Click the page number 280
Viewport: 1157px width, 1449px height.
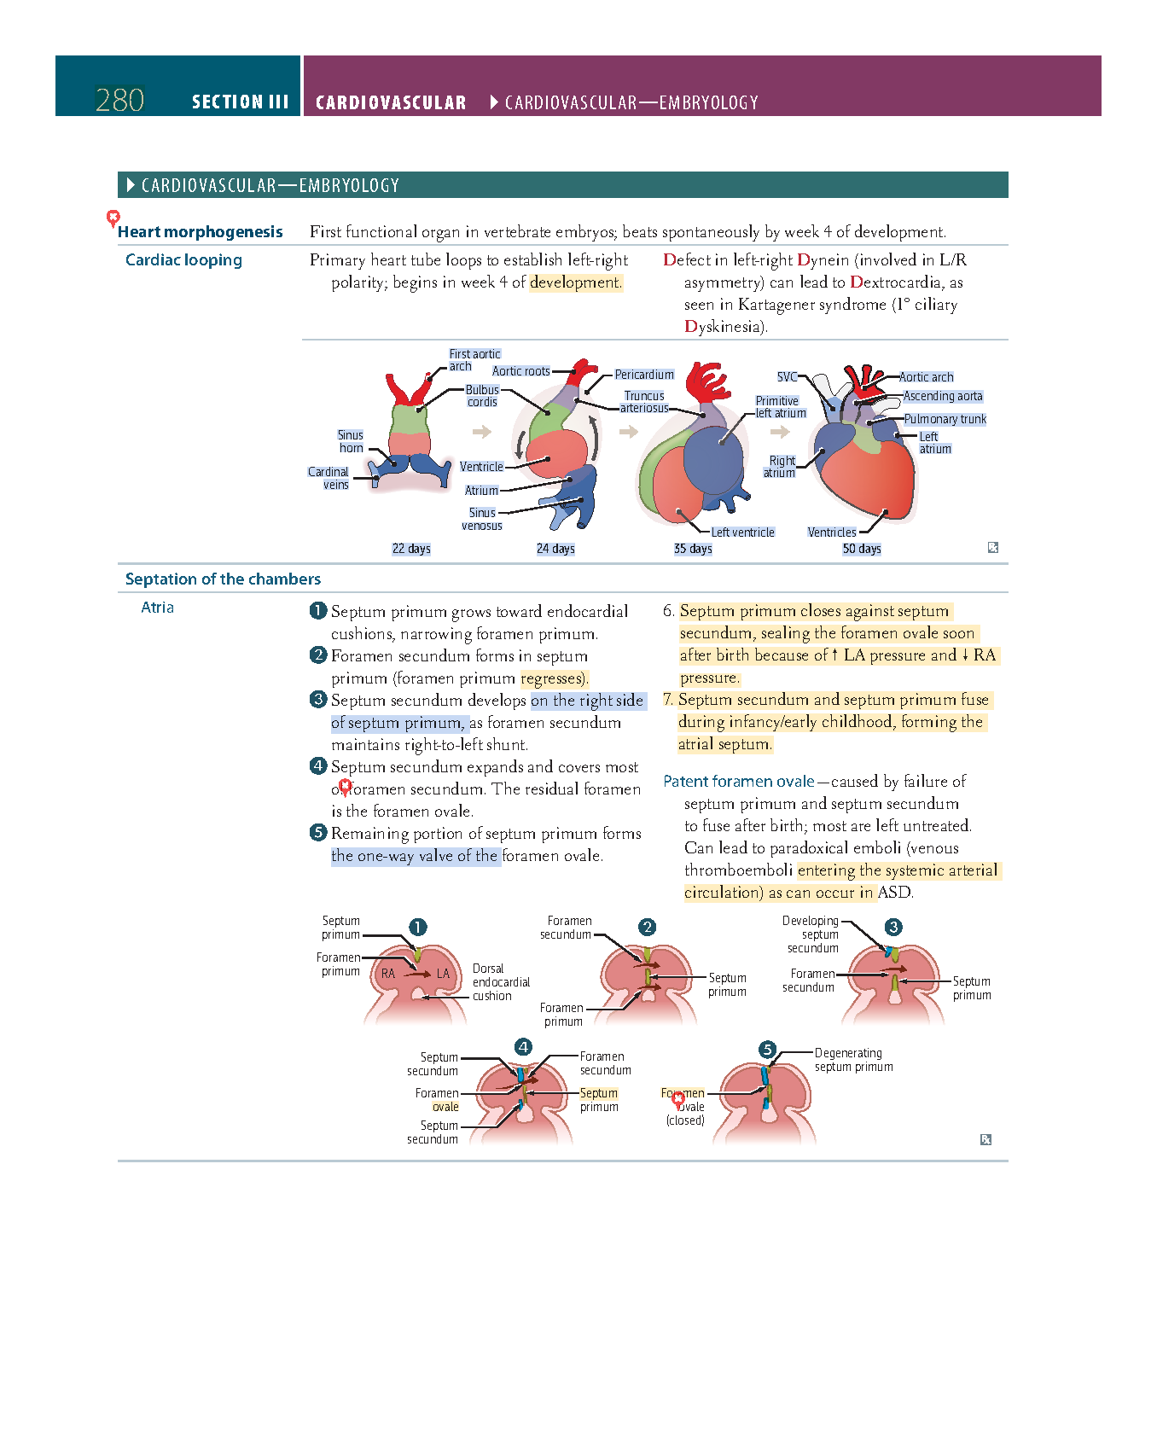click(119, 101)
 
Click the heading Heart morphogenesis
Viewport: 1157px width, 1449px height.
click(200, 232)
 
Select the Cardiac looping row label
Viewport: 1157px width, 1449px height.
click(183, 260)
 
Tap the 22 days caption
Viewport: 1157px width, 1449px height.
click(411, 549)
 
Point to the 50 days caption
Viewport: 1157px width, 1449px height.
click(862, 549)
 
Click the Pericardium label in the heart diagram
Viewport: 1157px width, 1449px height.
click(644, 375)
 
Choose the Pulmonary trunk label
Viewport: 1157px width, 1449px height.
click(945, 419)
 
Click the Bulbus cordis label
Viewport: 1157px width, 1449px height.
click(482, 396)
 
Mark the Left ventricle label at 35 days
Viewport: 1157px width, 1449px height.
click(742, 532)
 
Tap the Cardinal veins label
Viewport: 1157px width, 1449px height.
click(329, 478)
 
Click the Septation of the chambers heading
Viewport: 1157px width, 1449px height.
click(223, 579)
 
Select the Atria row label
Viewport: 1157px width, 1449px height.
click(157, 608)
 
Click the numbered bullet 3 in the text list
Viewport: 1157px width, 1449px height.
click(318, 700)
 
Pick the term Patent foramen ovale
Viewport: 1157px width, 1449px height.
click(739, 782)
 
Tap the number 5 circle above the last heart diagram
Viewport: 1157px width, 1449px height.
click(768, 1050)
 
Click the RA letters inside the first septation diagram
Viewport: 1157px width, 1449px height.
click(388, 974)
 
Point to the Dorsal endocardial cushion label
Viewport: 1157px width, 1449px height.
click(501, 982)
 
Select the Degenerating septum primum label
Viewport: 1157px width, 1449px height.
click(853, 1060)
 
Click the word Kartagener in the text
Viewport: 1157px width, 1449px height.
click(773, 305)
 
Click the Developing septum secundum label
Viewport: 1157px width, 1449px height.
click(811, 934)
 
